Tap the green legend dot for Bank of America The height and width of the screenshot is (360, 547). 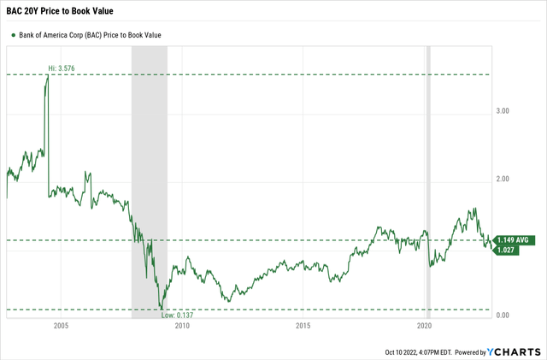click(x=14, y=35)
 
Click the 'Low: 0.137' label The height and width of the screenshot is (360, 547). click(x=176, y=316)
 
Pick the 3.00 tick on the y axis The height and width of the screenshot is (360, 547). click(x=503, y=110)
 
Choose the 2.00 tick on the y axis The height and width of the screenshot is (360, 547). click(x=503, y=179)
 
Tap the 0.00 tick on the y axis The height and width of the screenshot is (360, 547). click(x=503, y=316)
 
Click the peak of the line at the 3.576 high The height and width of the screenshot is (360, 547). click(x=47, y=76)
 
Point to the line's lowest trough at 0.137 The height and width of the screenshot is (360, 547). click(x=161, y=308)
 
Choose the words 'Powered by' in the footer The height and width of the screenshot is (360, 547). click(x=468, y=351)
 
